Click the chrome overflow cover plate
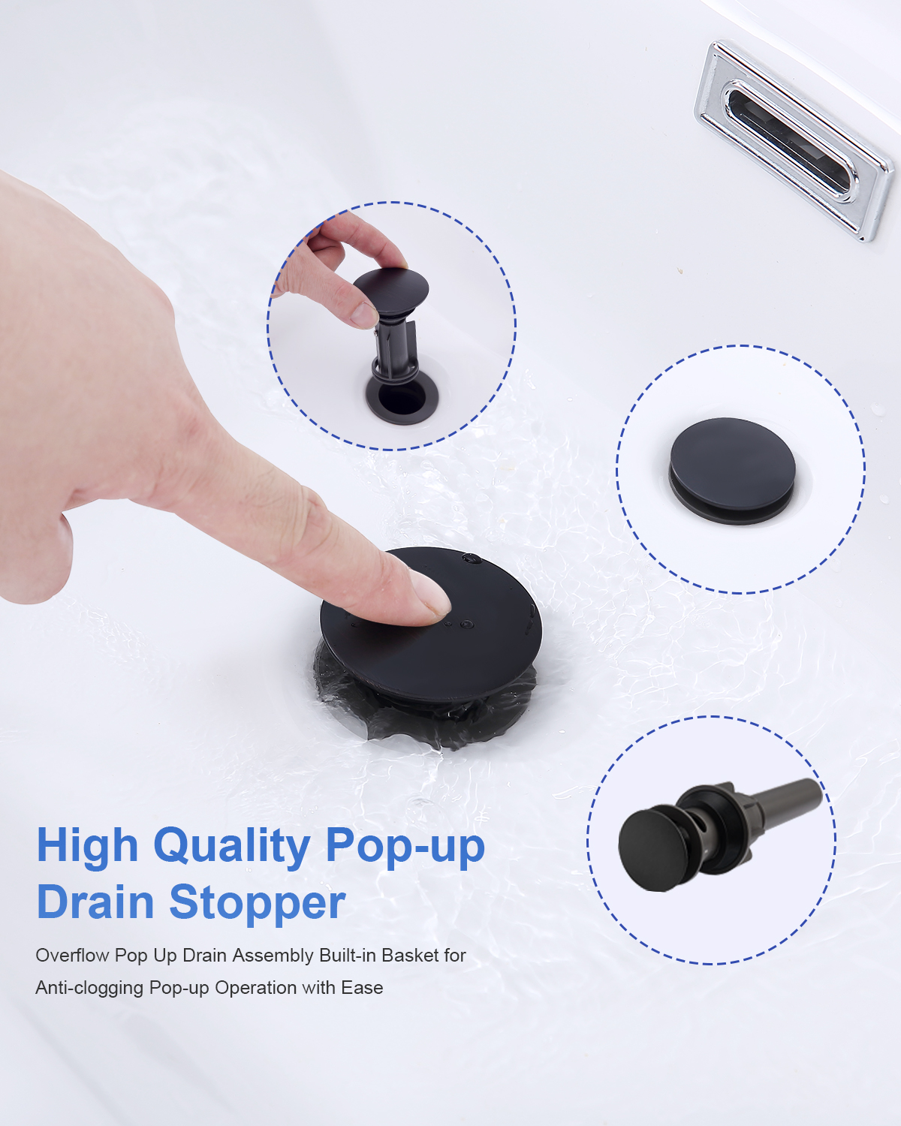[x=794, y=140]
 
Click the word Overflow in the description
[x=72, y=956]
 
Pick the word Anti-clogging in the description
[x=89, y=988]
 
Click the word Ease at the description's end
[x=362, y=988]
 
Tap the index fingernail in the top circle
[x=364, y=315]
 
